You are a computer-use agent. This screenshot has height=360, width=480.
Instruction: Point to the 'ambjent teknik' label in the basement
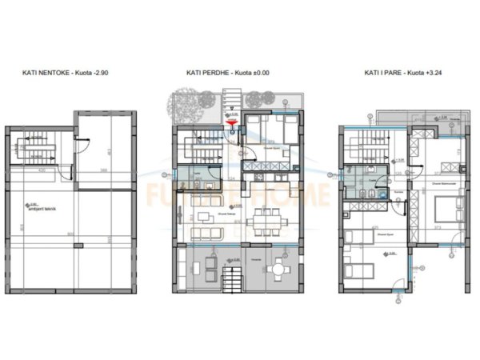[40, 206]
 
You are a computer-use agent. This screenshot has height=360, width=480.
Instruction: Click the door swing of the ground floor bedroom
[251, 152]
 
